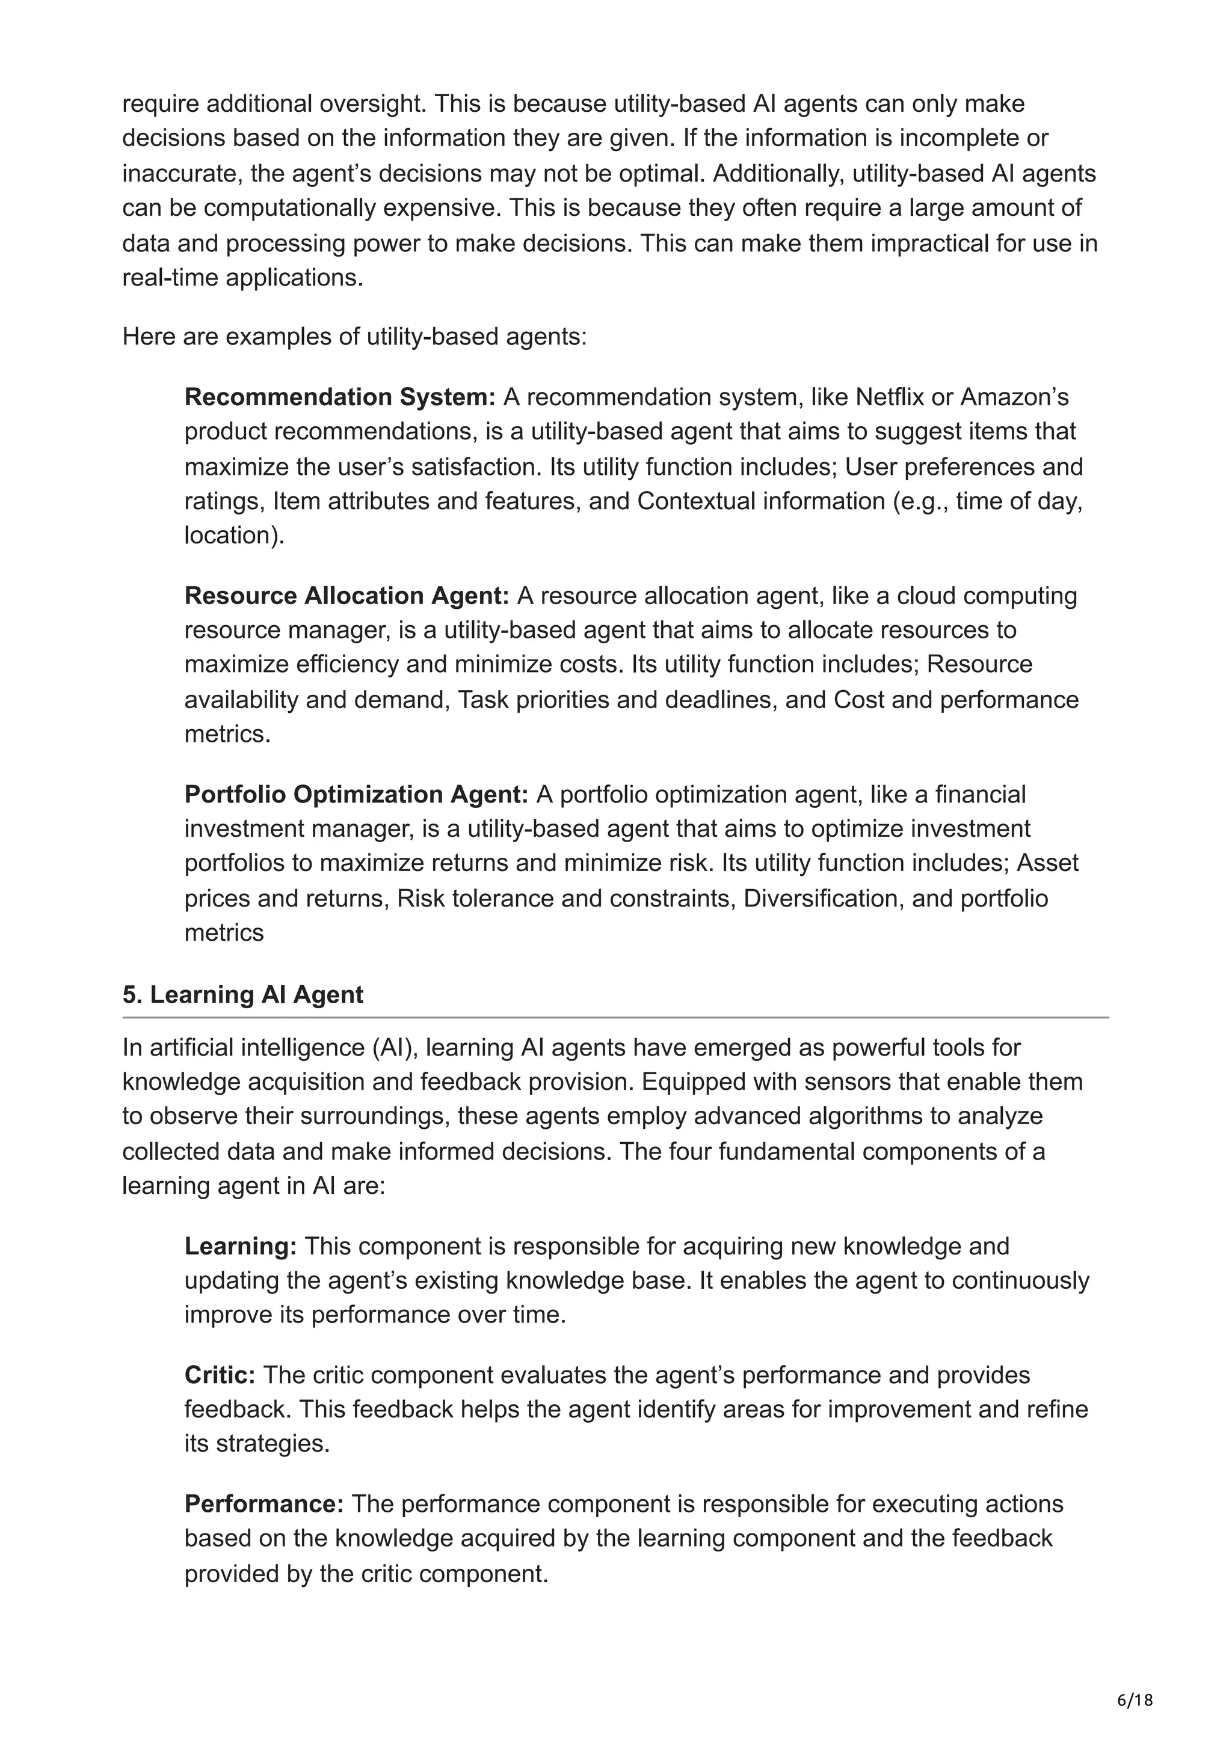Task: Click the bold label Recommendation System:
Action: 339,397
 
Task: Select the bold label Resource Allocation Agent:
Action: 346,596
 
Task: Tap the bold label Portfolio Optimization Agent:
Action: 356,795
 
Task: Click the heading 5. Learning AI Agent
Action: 243,995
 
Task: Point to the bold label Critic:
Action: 220,1375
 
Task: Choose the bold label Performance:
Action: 264,1504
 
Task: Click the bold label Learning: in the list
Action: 240,1246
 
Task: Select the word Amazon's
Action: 1015,397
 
